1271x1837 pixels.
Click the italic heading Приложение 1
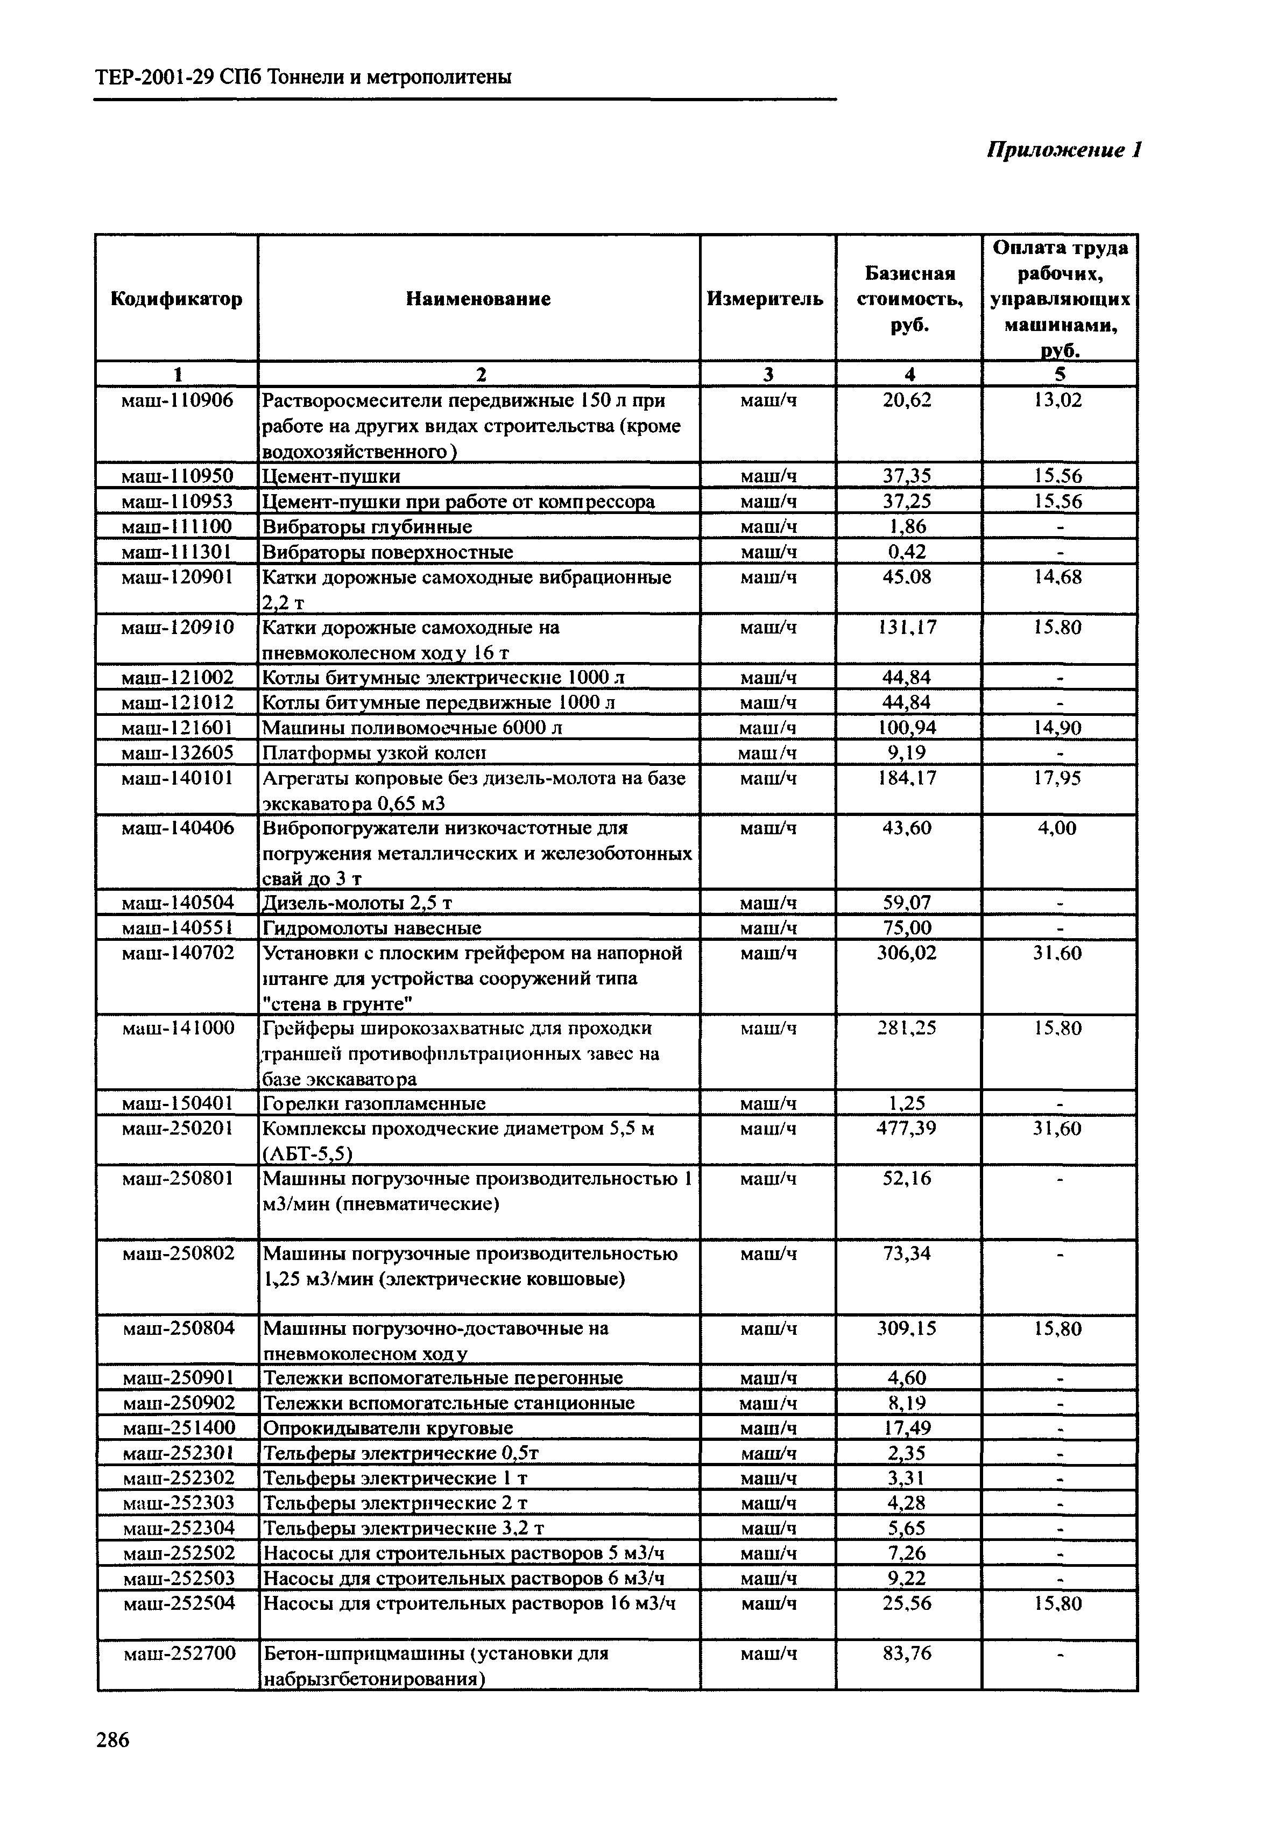tap(1065, 150)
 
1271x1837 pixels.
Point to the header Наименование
tap(478, 299)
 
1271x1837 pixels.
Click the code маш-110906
tap(177, 400)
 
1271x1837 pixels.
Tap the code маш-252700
tap(180, 1654)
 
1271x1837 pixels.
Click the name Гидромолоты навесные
tap(372, 928)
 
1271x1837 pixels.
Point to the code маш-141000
tap(179, 1029)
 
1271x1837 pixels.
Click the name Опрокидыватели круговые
tap(388, 1427)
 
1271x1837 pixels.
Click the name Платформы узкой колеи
tap(375, 753)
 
